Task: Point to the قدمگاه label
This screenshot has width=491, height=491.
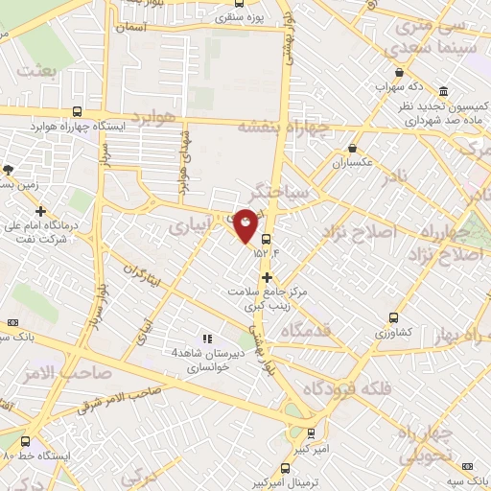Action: point(310,330)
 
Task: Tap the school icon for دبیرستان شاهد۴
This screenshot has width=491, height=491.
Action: point(205,338)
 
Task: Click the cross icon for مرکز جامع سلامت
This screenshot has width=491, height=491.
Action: point(267,277)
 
